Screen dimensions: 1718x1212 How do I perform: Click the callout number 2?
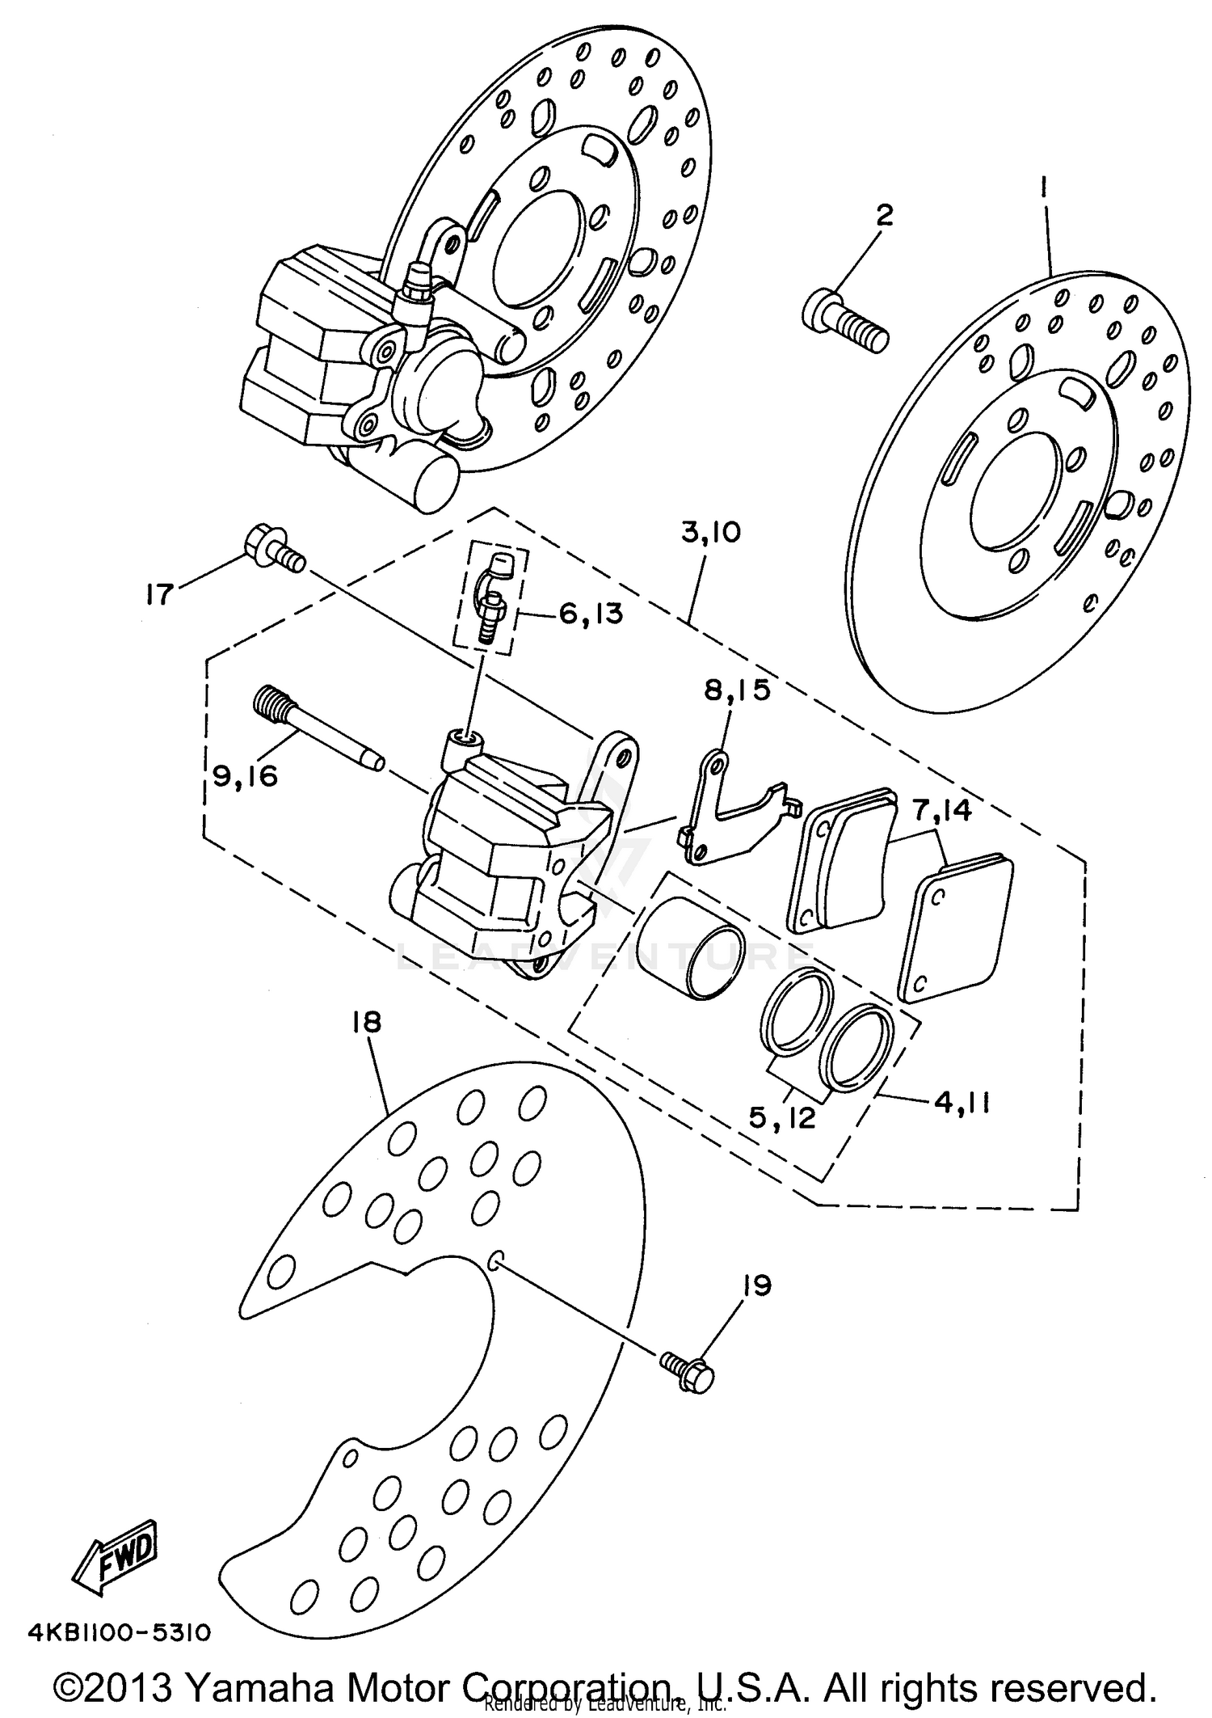pos(885,216)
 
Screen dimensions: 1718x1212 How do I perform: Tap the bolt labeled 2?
pos(845,322)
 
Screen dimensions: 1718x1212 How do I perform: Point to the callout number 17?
pos(160,595)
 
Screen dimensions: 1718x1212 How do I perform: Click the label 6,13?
pos(591,614)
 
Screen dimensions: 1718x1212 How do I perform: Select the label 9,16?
pos(245,776)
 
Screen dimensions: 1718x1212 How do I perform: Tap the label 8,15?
pos(737,690)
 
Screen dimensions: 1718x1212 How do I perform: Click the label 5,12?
pos(782,1118)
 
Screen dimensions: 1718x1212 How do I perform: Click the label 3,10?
pos(709,534)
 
